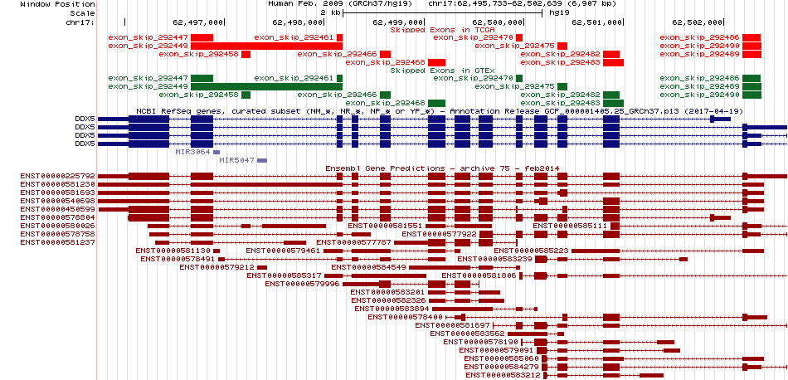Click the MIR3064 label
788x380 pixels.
192,152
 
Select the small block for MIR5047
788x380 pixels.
262,160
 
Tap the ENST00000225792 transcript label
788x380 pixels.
58,177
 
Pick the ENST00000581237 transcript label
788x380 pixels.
58,242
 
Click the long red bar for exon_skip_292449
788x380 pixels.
266,46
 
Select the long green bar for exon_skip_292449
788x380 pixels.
266,86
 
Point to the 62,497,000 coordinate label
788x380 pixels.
197,22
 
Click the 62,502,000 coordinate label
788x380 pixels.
696,22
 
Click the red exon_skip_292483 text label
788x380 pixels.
561,62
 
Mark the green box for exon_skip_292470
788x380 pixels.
519,79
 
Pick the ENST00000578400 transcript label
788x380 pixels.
405,317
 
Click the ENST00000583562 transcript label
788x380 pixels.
467,334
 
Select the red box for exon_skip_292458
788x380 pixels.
246,54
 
